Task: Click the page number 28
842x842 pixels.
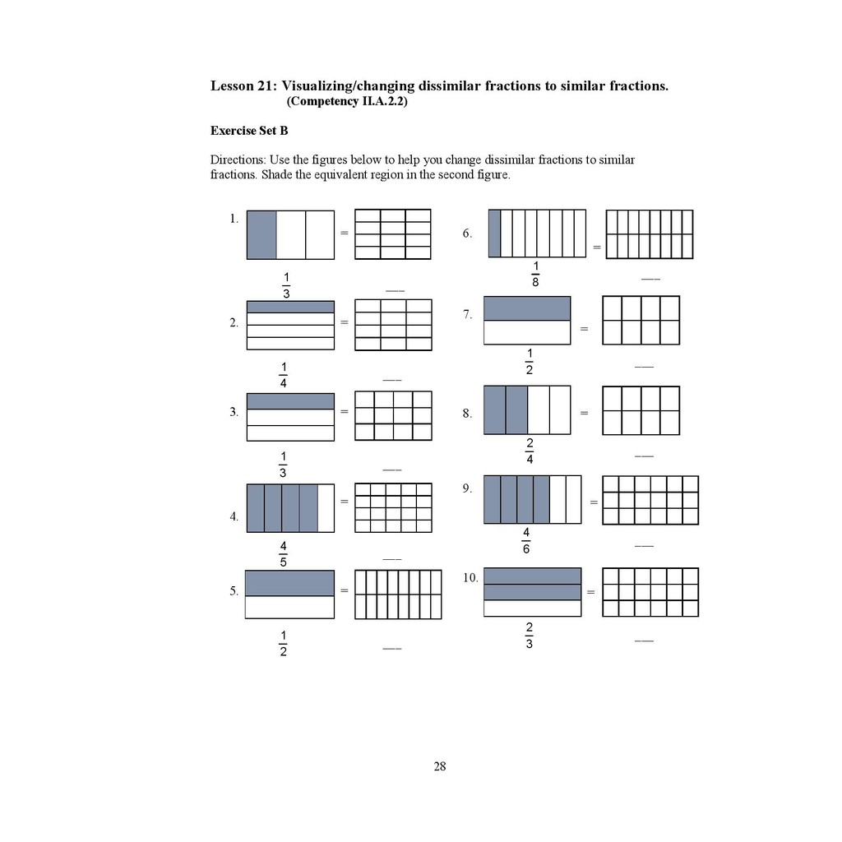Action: coord(440,766)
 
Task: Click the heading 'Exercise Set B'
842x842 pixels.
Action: coord(249,131)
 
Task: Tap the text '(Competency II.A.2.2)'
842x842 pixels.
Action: coord(347,102)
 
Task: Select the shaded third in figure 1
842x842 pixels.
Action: coord(261,234)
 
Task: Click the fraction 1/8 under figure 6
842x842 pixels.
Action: coord(535,274)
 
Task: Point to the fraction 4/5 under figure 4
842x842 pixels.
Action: coord(283,554)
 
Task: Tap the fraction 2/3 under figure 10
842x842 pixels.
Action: coord(529,636)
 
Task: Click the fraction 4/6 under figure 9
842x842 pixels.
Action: coord(526,541)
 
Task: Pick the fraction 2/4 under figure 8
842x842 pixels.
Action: coord(530,451)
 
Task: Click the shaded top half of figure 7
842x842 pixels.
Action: coord(527,308)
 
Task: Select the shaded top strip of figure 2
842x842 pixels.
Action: coord(290,307)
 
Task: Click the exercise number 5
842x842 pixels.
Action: coord(234,590)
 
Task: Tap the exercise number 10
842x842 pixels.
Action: coord(470,578)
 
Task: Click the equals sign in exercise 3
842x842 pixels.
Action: coord(345,411)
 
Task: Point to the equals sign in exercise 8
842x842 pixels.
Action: coord(584,412)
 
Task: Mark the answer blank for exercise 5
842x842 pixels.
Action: coord(391,650)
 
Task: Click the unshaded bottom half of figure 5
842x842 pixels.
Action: coord(289,607)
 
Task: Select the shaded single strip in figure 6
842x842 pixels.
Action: coord(494,233)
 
